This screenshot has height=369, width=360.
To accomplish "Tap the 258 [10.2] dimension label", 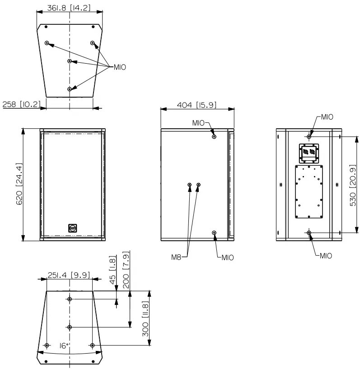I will pos(21,104).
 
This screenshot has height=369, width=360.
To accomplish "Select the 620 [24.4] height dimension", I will pos(19,185).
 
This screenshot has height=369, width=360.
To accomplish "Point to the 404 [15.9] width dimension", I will pos(197,105).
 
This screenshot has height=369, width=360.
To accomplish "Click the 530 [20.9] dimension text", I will pos(353,185).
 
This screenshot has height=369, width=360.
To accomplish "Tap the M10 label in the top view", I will pos(119,67).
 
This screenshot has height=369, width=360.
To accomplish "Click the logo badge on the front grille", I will pos(72,228).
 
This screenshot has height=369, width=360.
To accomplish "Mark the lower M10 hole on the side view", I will pos(214,233).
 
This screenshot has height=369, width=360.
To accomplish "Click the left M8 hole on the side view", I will pos(190,185).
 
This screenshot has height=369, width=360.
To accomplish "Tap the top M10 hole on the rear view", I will pos(309,136).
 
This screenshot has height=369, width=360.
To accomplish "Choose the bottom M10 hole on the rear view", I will pos(309,233).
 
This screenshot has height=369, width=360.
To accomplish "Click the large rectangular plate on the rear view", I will pos(309,191).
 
